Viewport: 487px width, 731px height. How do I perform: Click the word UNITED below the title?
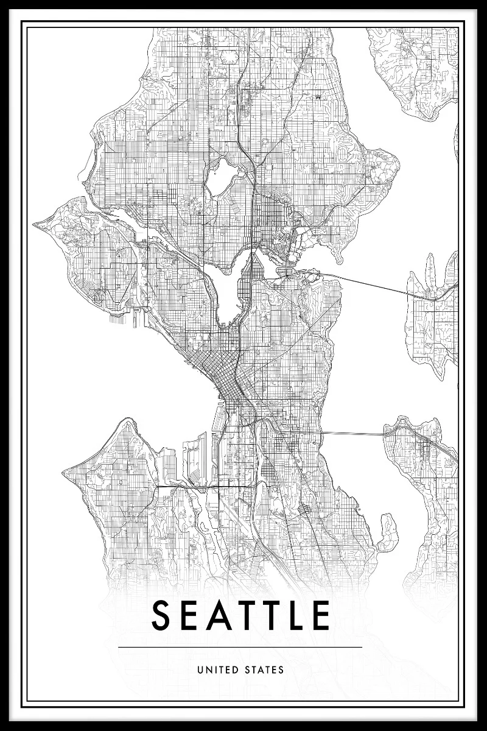point(217,670)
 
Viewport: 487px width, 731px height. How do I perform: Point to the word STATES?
point(264,670)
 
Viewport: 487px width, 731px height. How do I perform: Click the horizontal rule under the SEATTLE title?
point(240,647)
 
